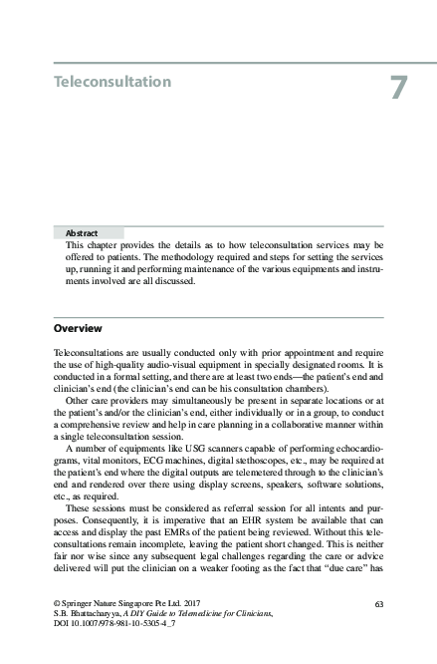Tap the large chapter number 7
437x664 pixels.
coord(397,88)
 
